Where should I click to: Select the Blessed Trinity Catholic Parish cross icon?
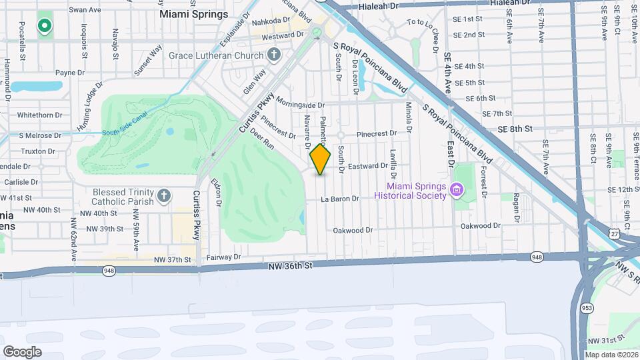click(x=164, y=197)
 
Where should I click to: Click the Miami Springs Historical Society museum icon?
click(x=457, y=190)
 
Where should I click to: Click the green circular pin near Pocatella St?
click(x=45, y=26)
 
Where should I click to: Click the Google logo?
click(x=22, y=351)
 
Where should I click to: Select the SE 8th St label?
click(x=520, y=129)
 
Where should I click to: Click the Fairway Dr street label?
click(x=223, y=257)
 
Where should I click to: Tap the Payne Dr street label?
click(x=70, y=73)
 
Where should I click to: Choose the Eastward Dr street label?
click(x=368, y=166)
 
